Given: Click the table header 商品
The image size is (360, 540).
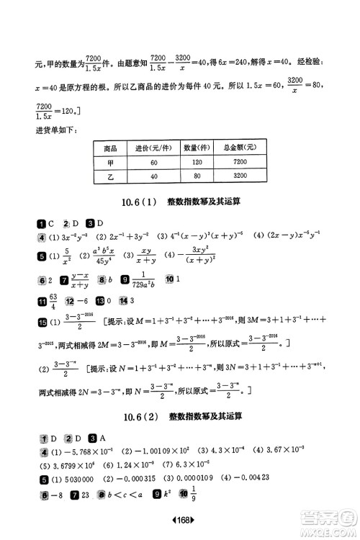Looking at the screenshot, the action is pyautogui.click(x=111, y=147).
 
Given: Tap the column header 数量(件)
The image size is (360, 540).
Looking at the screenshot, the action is pyautogui.click(x=196, y=147).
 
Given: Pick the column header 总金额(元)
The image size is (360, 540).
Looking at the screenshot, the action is pyautogui.click(x=240, y=147).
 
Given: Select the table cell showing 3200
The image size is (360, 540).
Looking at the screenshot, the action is pyautogui.click(x=240, y=175).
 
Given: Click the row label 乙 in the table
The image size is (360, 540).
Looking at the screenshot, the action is pyautogui.click(x=111, y=175).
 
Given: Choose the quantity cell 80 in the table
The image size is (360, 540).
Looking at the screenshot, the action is pyautogui.click(x=196, y=175).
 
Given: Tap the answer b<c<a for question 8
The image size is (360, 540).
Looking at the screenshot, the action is pyautogui.click(x=130, y=496).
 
